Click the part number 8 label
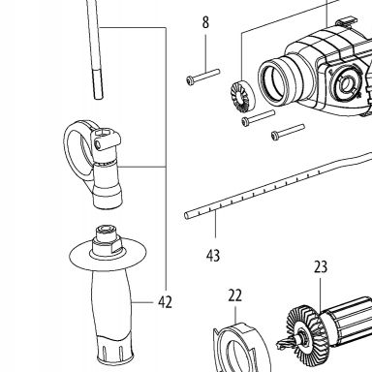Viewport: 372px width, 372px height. point(205,22)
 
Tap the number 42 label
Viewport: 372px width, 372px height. point(165,302)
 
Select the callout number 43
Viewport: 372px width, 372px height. point(213,256)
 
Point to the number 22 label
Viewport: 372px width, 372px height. point(234,295)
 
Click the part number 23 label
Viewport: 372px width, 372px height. point(321,266)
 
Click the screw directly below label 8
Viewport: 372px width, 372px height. point(203,77)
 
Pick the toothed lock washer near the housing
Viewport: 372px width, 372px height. point(242,96)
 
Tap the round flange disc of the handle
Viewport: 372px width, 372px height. point(108,255)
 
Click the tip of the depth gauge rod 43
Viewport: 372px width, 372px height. point(186,215)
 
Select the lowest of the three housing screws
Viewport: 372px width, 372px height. point(288,132)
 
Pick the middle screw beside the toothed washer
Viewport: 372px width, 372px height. point(259,117)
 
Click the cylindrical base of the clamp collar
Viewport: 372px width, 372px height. point(108,186)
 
